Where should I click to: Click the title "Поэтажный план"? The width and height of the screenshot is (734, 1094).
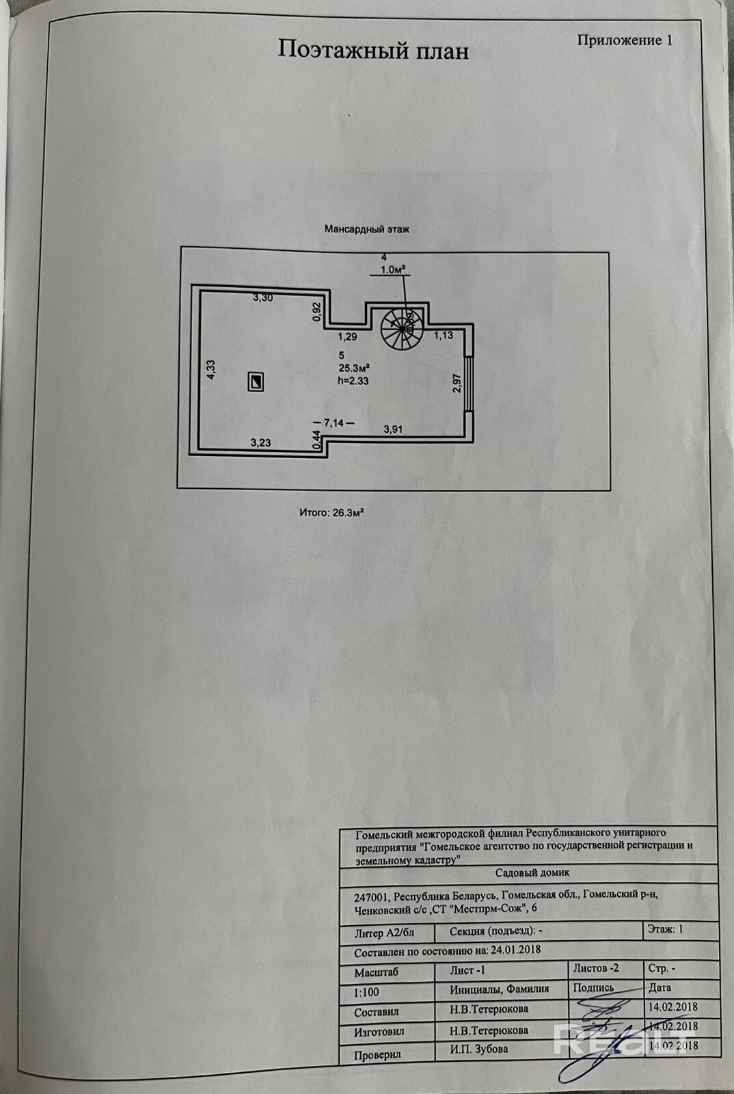[372, 50]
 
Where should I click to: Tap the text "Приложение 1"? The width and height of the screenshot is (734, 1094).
[625, 40]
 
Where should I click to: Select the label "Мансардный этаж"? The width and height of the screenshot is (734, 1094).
[367, 230]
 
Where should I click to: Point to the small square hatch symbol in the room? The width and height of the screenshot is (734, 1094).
[256, 382]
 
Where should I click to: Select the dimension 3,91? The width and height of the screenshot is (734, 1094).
[394, 429]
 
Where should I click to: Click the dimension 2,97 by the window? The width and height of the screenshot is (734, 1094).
[456, 384]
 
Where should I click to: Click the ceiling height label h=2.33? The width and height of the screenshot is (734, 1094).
[353, 381]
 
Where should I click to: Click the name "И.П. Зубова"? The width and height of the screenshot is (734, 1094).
[479, 1049]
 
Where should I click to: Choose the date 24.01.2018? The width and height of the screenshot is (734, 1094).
[508, 950]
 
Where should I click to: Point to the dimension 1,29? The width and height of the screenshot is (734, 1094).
[348, 336]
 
